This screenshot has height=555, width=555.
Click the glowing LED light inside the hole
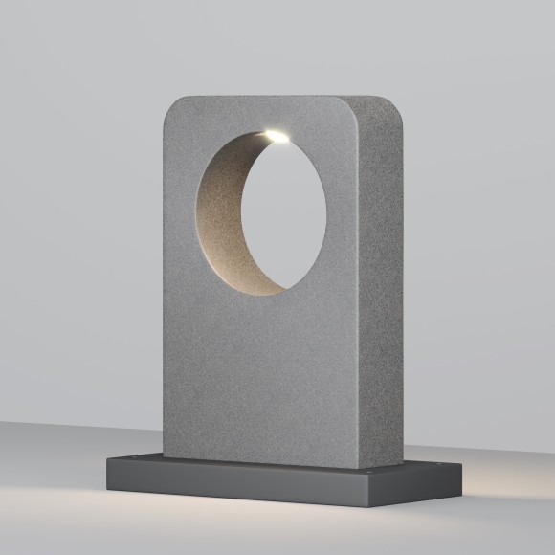point(277,138)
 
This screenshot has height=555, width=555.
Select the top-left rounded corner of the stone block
point(173,106)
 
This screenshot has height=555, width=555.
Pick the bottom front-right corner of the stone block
point(361,467)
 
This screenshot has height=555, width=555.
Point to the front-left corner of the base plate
point(107,480)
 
